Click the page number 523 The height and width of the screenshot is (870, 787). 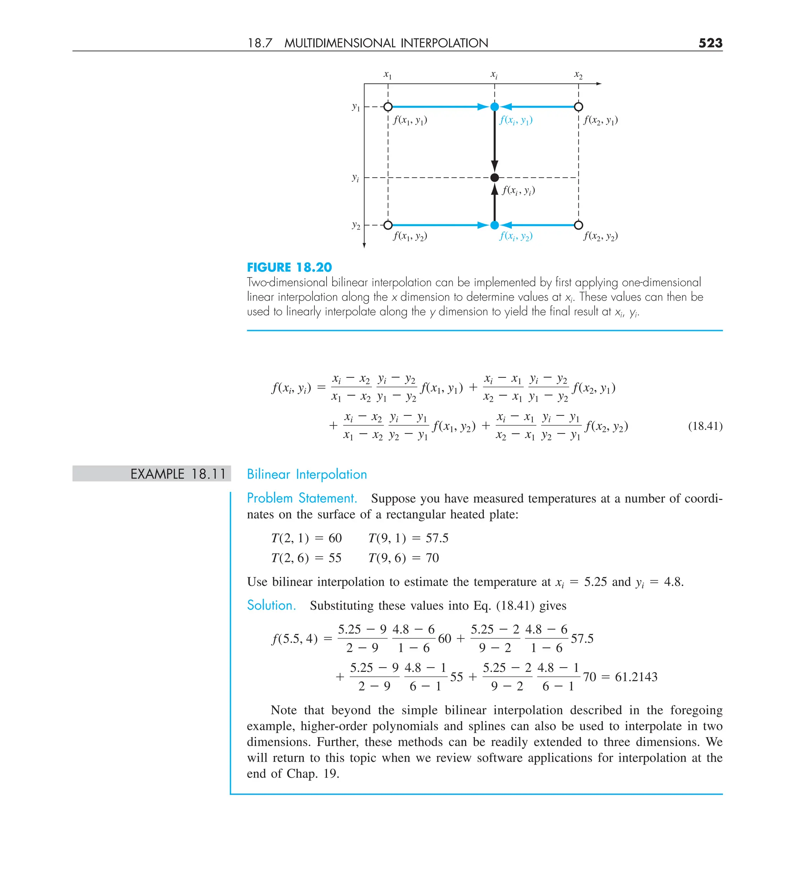point(710,43)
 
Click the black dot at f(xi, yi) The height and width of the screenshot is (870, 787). point(495,177)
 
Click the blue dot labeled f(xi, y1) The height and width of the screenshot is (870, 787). point(495,107)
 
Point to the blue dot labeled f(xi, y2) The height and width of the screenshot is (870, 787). point(495,225)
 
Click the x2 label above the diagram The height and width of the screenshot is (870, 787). point(578,75)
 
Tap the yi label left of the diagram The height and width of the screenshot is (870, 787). point(355,177)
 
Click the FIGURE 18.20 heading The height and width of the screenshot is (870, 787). point(289,268)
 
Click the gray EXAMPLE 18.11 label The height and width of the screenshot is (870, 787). point(178,474)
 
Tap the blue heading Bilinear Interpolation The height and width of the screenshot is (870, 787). point(307,474)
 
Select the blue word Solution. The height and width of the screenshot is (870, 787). point(271,605)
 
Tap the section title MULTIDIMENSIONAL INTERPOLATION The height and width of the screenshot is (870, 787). point(386,43)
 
